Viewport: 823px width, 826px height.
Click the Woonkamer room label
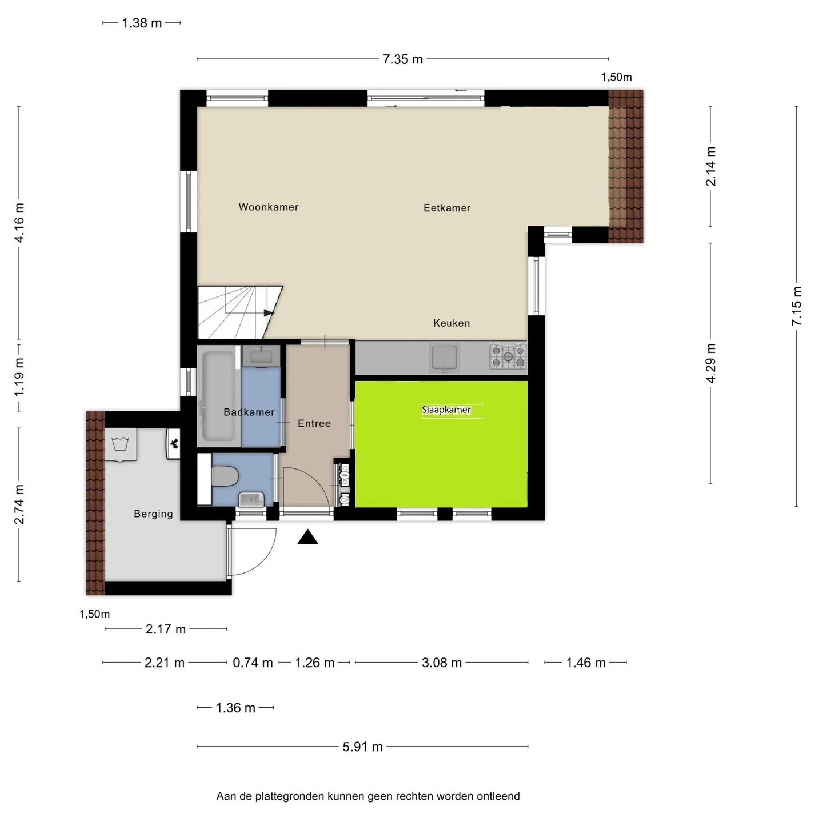[x=269, y=207]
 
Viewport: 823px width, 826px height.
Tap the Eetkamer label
[x=447, y=208]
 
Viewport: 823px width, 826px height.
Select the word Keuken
[x=451, y=323]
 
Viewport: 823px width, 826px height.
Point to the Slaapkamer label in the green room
[x=446, y=410]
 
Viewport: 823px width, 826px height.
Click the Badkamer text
[x=249, y=412]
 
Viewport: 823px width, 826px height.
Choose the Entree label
[x=314, y=423]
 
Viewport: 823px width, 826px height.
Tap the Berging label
[x=154, y=514]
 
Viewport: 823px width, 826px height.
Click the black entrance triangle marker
[x=307, y=537]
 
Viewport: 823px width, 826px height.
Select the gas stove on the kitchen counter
[x=508, y=356]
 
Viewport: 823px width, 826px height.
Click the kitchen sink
[x=444, y=358]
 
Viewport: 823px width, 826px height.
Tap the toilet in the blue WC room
[x=225, y=476]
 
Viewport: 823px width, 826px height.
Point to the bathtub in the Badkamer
[x=219, y=396]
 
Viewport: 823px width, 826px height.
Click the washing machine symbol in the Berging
[x=121, y=444]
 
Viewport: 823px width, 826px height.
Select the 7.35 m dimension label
[x=403, y=59]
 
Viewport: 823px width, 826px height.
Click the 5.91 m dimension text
[x=362, y=747]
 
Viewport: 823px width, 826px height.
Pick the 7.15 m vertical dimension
[x=796, y=306]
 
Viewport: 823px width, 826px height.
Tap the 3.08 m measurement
[x=442, y=663]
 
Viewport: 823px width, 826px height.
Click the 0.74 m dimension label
[x=253, y=663]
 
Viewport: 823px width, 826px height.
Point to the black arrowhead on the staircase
[x=269, y=313]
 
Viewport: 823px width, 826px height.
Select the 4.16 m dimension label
[x=19, y=223]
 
